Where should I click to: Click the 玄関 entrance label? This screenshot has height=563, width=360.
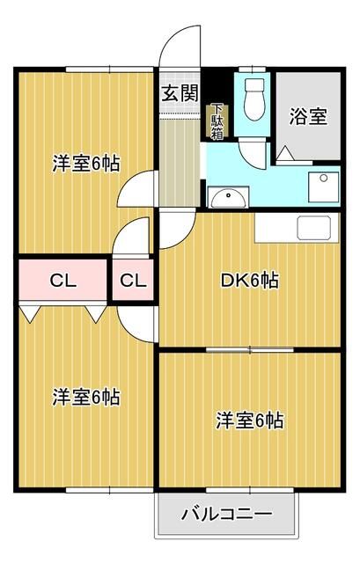(180, 93)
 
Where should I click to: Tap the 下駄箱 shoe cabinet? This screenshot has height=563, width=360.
(217, 122)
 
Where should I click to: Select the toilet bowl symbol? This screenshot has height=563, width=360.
(254, 99)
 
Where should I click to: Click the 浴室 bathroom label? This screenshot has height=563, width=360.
(308, 116)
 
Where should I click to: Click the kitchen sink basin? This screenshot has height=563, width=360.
(314, 228)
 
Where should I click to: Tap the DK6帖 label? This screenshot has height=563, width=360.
(249, 281)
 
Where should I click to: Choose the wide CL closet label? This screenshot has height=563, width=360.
(63, 281)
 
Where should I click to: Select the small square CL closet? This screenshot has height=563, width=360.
(133, 280)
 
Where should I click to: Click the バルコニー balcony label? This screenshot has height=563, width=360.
(227, 515)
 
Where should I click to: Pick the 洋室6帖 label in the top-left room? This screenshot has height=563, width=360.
(86, 164)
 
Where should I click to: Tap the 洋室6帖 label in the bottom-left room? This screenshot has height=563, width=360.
(86, 397)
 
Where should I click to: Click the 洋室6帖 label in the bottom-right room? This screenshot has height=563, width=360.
(250, 420)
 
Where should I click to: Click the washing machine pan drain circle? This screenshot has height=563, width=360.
(324, 178)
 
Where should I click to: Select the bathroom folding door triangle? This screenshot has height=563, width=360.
(286, 154)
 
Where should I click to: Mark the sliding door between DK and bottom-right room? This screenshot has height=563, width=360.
(250, 350)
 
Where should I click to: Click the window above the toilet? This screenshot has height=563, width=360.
(253, 69)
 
